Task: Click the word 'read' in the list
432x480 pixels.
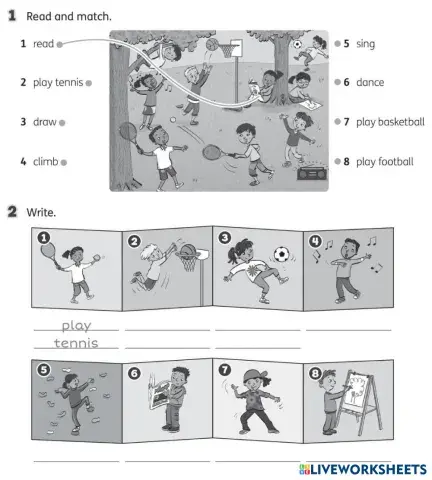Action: tap(43, 44)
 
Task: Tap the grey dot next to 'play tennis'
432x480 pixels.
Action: tap(89, 83)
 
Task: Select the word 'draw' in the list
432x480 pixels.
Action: tap(44, 122)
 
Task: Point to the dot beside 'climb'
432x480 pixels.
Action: tap(63, 161)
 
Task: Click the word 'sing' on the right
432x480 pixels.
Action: tap(365, 44)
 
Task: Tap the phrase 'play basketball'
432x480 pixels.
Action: tap(390, 122)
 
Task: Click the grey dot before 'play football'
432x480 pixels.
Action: tap(338, 161)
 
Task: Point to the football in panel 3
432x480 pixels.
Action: tap(282, 255)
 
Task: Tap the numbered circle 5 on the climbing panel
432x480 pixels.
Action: tap(43, 369)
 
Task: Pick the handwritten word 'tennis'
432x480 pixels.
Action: tap(76, 343)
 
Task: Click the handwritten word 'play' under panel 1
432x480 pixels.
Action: tap(76, 325)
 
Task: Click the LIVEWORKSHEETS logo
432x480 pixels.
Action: tap(361, 468)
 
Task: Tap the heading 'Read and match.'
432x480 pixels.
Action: tap(68, 17)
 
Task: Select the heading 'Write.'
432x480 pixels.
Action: tap(42, 212)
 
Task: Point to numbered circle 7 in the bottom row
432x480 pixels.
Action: tap(224, 369)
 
